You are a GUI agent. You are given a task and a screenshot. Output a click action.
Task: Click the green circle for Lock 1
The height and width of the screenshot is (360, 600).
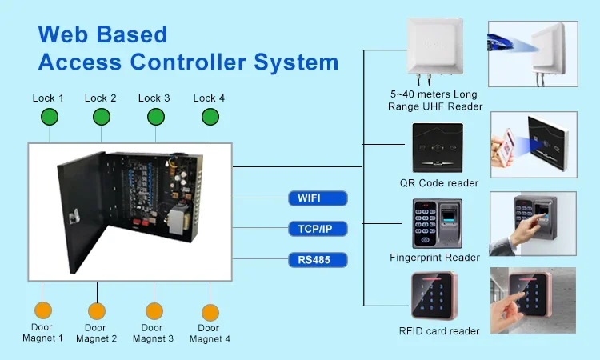tap(50, 118)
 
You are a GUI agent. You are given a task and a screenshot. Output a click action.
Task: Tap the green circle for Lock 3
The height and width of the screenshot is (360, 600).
tap(154, 118)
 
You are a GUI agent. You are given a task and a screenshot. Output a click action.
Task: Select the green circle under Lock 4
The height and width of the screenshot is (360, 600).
tap(210, 118)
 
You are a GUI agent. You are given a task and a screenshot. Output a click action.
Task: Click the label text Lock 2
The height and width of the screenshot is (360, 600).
tap(101, 98)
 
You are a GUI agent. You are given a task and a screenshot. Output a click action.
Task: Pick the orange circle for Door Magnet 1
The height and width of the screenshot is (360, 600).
tap(42, 310)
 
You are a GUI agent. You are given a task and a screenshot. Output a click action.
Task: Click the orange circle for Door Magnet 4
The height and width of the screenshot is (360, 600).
tap(210, 311)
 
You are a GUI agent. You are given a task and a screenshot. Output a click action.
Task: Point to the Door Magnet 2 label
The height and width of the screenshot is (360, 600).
tap(96, 333)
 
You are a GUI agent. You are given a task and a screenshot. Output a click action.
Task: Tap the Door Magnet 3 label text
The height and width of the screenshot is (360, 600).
tap(153, 333)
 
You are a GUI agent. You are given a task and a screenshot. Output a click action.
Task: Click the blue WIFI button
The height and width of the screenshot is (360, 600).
tap(316, 198)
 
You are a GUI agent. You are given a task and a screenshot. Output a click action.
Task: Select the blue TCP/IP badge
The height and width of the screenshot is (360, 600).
tap(316, 229)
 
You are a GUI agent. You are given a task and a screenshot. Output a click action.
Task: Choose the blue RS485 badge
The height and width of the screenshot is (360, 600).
tap(316, 259)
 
